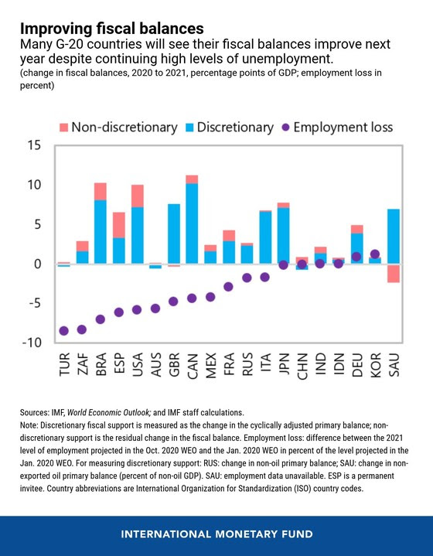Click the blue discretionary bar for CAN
[x=192, y=223]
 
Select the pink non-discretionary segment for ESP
[x=119, y=225]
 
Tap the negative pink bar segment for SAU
[x=394, y=273]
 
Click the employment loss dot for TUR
[x=64, y=331]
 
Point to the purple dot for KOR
[x=375, y=254]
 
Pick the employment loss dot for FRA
[x=229, y=287]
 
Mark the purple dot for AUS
[x=155, y=309]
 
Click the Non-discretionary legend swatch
[x=64, y=128]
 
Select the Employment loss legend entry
[x=338, y=128]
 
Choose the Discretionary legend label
[x=235, y=128]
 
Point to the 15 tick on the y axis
[x=34, y=145]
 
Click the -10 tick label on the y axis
[x=32, y=343]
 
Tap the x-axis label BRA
[x=101, y=364]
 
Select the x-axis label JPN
[x=284, y=364]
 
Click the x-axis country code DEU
[x=357, y=364]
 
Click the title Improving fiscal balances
[x=111, y=28]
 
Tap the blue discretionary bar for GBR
[x=174, y=234]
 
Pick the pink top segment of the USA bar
[x=137, y=196]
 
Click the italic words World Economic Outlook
[x=109, y=412]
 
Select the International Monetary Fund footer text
[x=216, y=534]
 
